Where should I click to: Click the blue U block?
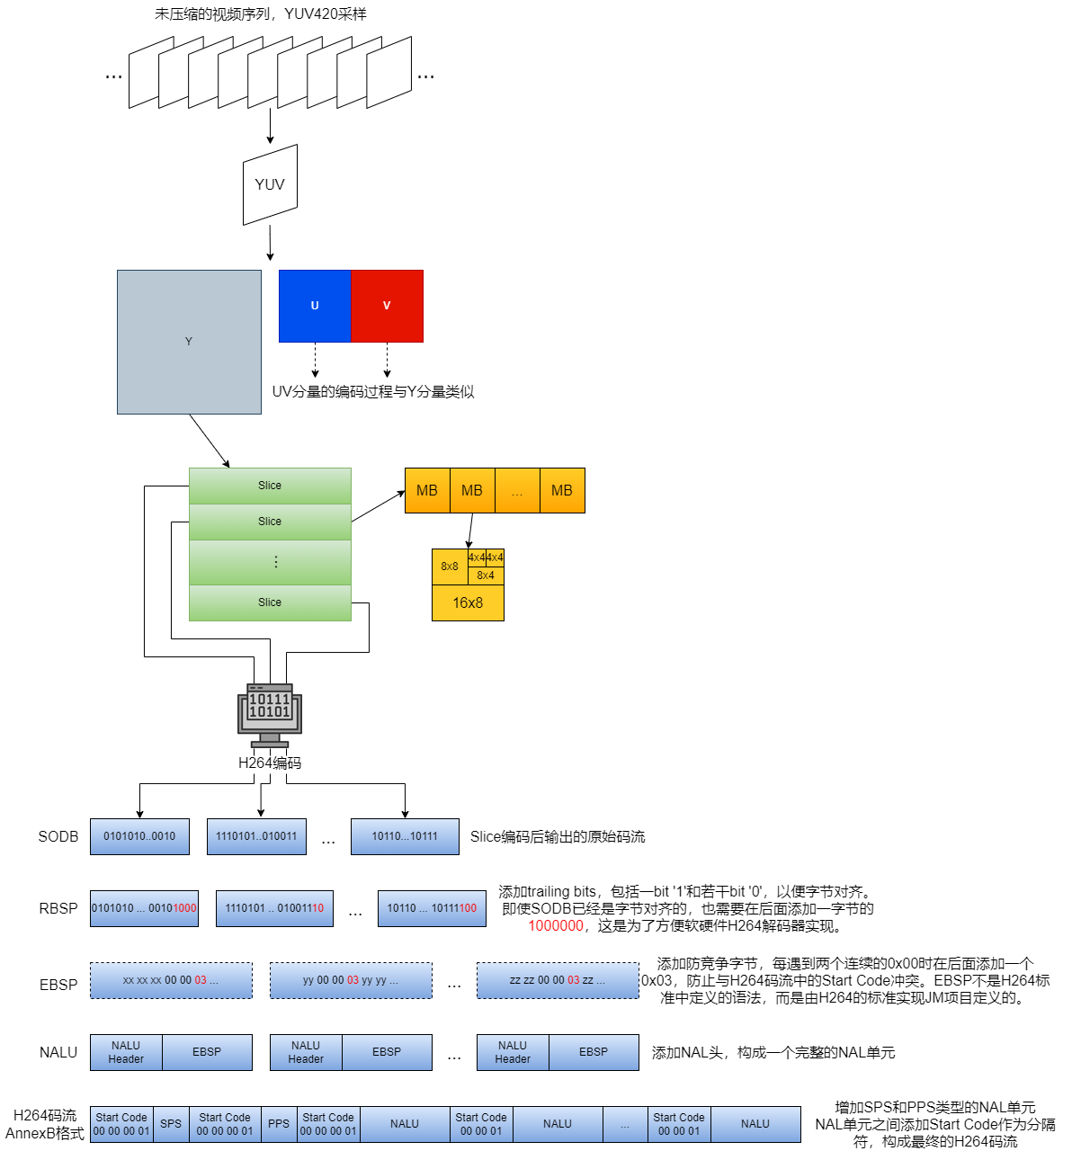315,306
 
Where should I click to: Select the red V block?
387,306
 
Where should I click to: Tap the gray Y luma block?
189,342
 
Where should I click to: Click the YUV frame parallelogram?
270,185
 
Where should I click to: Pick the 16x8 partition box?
468,602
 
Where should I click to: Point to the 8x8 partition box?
450,567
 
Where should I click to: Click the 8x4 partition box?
486,575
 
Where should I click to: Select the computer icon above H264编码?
270,715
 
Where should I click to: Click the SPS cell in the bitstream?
171,1124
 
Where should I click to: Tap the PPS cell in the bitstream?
279,1124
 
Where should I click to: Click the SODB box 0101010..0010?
139,836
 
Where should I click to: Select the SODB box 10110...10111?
405,836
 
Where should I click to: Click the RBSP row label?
58,908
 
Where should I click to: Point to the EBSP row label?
58,985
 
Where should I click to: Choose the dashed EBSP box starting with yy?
351,980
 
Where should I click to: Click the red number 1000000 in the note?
556,926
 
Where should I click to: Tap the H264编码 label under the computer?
270,763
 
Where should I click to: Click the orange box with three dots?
517,491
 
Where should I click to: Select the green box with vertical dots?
270,562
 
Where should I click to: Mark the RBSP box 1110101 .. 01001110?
274,908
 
